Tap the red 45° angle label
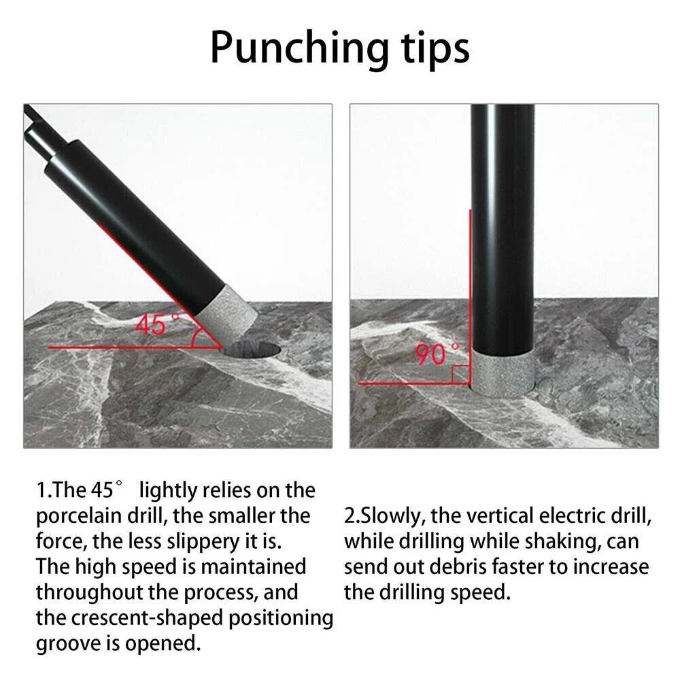tap(157, 324)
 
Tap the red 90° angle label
tap(437, 353)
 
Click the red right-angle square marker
tap(460, 374)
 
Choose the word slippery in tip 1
tap(203, 542)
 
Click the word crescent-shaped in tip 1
tap(147, 618)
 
